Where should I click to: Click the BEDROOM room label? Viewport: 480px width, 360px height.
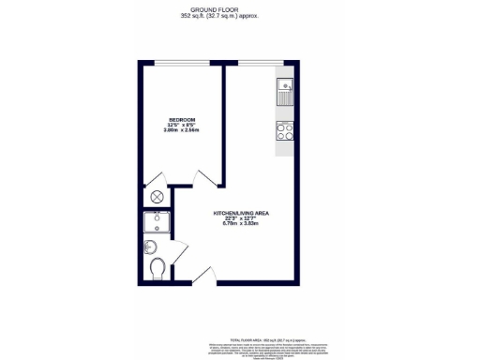tap(181, 119)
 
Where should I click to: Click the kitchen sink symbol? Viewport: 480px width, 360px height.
tap(286, 92)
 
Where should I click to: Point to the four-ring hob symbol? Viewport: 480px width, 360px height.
tap(286, 131)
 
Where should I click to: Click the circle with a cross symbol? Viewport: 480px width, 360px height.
tap(157, 198)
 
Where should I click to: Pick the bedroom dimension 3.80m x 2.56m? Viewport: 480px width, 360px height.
tap(181, 130)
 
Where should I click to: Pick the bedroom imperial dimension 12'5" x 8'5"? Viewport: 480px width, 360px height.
tap(181, 125)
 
